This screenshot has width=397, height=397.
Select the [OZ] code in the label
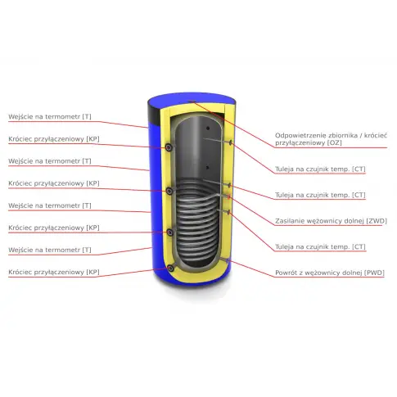click(334, 142)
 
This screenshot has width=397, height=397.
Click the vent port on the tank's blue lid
click(192, 102)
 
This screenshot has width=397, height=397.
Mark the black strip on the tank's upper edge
click(155, 115)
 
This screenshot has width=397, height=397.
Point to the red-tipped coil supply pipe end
click(228, 196)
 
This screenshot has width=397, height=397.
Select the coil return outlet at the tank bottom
click(228, 261)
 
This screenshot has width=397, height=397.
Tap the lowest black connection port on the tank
click(170, 268)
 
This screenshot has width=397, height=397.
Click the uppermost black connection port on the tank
click(169, 147)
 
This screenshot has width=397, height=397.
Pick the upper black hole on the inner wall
click(208, 128)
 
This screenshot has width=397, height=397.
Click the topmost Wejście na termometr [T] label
click(50, 117)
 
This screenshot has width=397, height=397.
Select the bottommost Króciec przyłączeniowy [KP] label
click(54, 273)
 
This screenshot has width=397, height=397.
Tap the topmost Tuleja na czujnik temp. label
click(320, 169)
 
